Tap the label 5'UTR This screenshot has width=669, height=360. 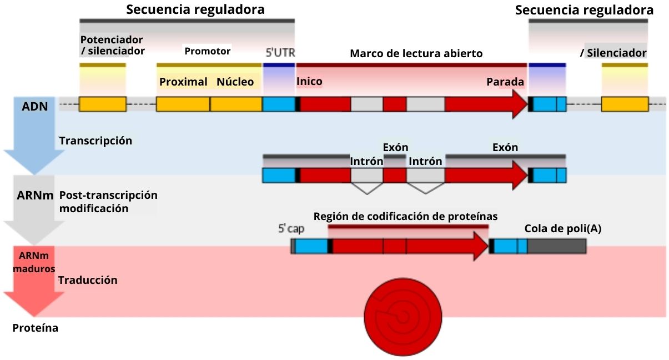tap(279, 53)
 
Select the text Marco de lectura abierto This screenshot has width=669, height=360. tap(416, 54)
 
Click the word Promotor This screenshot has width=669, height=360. tap(207, 52)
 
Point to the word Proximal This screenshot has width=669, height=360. tap(183, 82)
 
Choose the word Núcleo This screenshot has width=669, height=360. tap(235, 82)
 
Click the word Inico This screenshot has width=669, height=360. tap(309, 81)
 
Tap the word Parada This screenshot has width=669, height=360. tap(505, 82)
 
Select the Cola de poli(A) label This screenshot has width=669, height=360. tap(562, 228)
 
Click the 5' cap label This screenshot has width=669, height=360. tap(291, 228)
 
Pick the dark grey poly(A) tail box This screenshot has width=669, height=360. tap(557, 246)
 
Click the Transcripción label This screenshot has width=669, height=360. tap(95, 141)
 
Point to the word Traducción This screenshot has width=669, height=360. tap(88, 280)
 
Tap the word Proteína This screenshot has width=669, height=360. tap(35, 328)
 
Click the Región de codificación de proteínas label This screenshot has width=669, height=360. tap(405, 216)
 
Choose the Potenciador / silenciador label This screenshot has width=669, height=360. tap(112, 46)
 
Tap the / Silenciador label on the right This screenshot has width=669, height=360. tap(613, 53)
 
